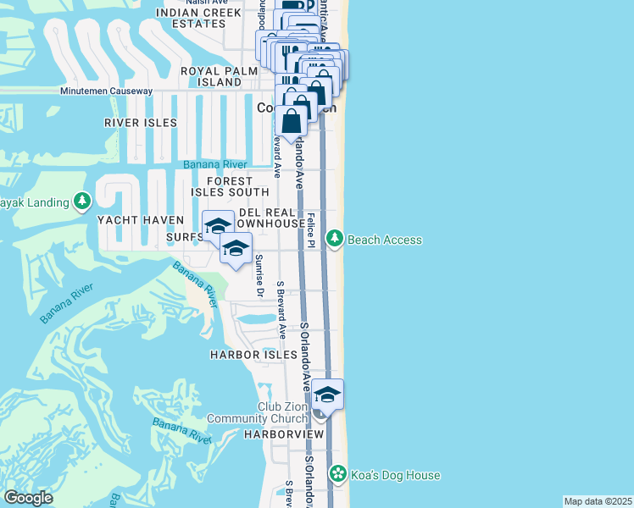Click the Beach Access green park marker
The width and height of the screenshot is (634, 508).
click(x=336, y=240)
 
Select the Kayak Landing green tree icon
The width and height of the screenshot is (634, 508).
click(x=82, y=202)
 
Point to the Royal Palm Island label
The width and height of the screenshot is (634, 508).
click(x=219, y=77)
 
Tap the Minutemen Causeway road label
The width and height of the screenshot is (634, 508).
click(x=106, y=91)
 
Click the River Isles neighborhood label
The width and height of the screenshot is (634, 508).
click(x=141, y=123)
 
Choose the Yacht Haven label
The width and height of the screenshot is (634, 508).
click(x=141, y=220)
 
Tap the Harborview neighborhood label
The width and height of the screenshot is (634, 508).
click(x=284, y=433)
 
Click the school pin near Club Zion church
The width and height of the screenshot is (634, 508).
click(x=327, y=395)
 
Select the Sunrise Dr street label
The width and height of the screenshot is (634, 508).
click(x=259, y=276)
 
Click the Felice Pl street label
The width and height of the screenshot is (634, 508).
click(x=312, y=231)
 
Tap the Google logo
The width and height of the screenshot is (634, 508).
click(x=29, y=497)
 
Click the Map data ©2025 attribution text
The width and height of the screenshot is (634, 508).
click(x=598, y=501)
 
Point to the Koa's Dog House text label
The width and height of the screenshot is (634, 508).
click(x=396, y=475)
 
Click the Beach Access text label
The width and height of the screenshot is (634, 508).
click(x=385, y=240)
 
